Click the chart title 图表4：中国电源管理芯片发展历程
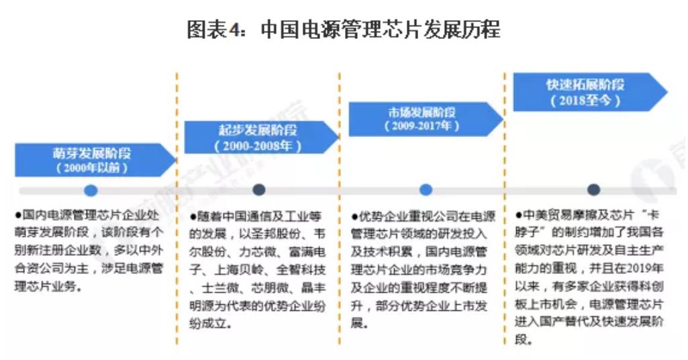click(x=344, y=30)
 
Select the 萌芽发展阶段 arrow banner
click(x=95, y=160)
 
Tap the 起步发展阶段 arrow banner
click(x=262, y=137)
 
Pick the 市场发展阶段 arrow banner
click(x=426, y=119)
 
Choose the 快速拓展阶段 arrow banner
click(x=590, y=92)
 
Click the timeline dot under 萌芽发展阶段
click(x=91, y=191)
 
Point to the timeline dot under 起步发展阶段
click(x=259, y=189)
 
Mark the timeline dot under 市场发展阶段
click(x=426, y=189)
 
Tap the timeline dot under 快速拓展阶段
click(x=593, y=189)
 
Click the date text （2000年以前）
click(x=92, y=168)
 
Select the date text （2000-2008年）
click(x=258, y=146)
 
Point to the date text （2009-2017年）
click(x=422, y=126)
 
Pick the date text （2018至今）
click(x=585, y=101)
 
